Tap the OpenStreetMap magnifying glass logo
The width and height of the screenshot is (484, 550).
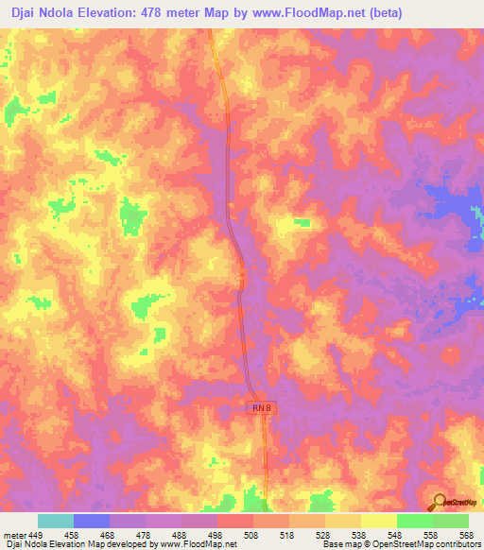coord(440,502)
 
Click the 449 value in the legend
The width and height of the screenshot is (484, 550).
coord(35,534)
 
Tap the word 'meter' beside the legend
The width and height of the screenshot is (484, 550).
coord(14,534)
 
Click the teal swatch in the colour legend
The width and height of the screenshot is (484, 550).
coord(56,521)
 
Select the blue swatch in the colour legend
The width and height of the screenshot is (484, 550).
coord(92,521)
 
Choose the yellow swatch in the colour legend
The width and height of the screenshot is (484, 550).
coord(378,521)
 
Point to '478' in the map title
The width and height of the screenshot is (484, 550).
coord(164,13)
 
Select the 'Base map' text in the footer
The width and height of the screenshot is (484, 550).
coord(341,544)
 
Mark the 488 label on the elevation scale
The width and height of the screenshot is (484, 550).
coord(180,534)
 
